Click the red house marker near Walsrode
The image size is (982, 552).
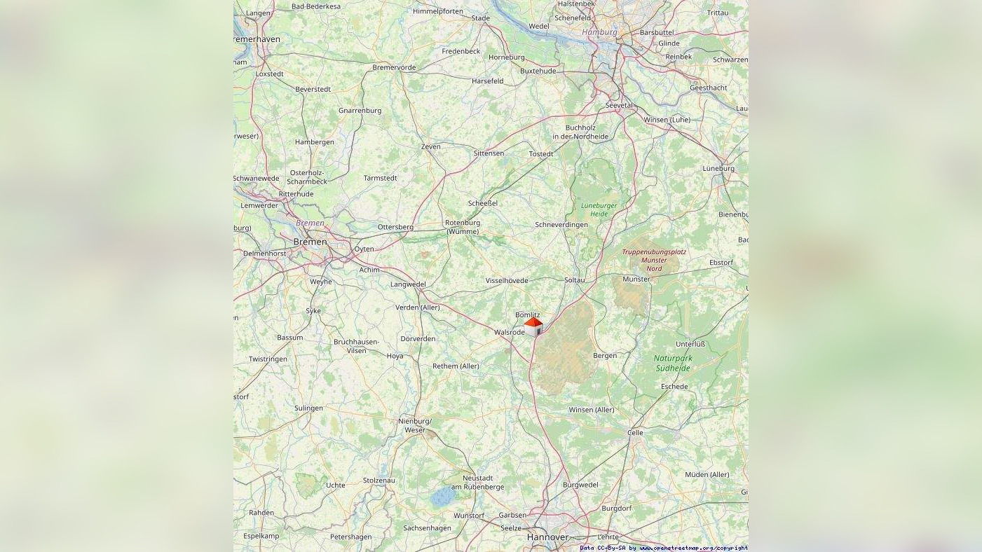coord(533,326)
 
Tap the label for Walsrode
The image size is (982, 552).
coord(509,332)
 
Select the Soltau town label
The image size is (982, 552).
coord(574,280)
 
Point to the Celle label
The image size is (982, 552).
coord(635,433)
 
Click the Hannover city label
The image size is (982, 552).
coord(547,537)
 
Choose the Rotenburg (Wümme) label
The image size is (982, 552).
coord(463,227)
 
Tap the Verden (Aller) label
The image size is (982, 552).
coord(418,308)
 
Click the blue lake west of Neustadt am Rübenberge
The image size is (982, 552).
coord(442,497)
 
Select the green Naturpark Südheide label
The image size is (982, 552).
coord(673,363)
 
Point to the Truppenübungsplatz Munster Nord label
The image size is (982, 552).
coord(654,260)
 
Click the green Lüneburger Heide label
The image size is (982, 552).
coord(599,209)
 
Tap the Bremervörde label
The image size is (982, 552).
coord(394,68)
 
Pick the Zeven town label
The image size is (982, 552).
coord(430,146)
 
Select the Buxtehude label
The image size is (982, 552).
coord(538,71)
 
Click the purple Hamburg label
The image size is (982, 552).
coord(599,32)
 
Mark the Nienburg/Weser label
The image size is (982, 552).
coord(415,425)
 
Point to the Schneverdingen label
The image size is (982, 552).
coord(561,225)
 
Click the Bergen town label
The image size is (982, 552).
coord(605,356)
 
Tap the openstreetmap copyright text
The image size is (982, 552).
coord(663,548)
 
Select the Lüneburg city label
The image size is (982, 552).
coord(718,168)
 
